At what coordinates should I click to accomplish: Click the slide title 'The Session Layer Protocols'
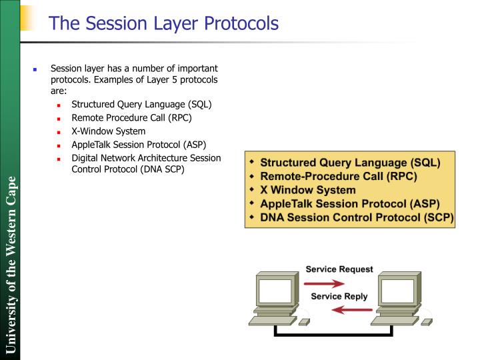(x=163, y=23)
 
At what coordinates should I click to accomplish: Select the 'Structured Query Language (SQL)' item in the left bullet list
(x=141, y=105)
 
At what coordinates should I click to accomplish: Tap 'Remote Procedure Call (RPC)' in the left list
(x=131, y=118)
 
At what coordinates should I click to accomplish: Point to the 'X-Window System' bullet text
(x=108, y=131)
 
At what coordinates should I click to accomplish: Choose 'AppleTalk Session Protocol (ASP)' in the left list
(x=139, y=145)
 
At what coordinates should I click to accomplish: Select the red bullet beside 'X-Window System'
(x=59, y=132)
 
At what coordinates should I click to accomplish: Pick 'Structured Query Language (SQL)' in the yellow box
(x=349, y=162)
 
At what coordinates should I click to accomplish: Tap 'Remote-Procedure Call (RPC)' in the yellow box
(x=338, y=176)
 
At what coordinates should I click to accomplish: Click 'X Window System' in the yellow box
(x=307, y=190)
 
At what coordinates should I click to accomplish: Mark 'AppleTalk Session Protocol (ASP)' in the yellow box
(x=349, y=203)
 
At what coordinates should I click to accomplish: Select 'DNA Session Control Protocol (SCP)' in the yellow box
(x=356, y=217)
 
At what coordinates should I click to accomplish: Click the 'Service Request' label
(x=339, y=269)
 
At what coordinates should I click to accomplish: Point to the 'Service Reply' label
(x=339, y=296)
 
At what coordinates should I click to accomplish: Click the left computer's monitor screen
(x=275, y=291)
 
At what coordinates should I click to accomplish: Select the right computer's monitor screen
(x=399, y=291)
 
